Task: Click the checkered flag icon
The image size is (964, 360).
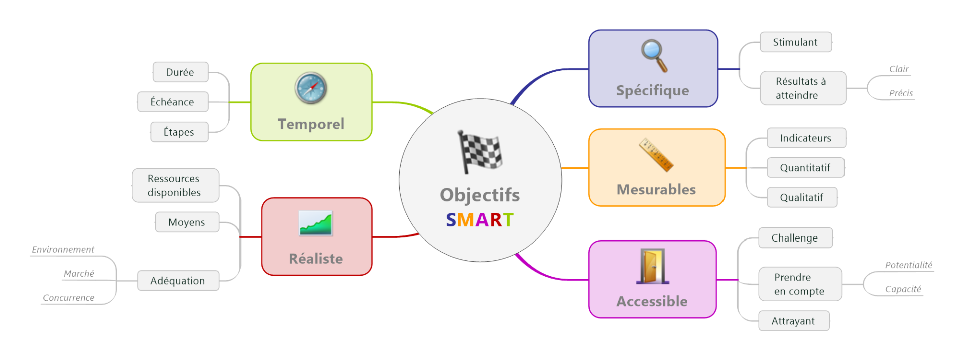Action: click(x=479, y=152)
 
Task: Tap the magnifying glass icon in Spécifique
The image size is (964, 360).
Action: click(x=654, y=55)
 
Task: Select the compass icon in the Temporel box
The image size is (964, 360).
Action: click(x=311, y=88)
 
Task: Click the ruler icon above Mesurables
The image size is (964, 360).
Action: click(x=656, y=155)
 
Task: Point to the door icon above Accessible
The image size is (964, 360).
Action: click(x=652, y=266)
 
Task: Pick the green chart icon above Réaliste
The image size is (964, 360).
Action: click(x=315, y=223)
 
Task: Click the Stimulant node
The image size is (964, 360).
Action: click(x=795, y=42)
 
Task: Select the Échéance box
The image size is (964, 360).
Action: click(x=172, y=102)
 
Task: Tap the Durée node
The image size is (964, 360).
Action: click(x=180, y=72)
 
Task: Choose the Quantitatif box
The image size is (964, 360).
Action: click(x=805, y=168)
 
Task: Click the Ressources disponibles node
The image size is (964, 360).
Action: click(x=175, y=185)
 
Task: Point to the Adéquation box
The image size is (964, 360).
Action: click(x=178, y=281)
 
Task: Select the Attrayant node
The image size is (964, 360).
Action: click(x=793, y=321)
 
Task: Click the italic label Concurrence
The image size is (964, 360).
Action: click(x=69, y=298)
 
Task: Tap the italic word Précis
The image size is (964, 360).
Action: click(x=901, y=93)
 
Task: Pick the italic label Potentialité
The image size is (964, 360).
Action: click(x=908, y=265)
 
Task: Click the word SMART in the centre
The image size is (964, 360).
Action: click(x=479, y=220)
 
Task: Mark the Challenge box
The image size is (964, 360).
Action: click(x=795, y=238)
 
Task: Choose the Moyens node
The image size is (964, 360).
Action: click(x=187, y=222)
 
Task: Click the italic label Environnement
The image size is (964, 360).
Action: click(x=63, y=250)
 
